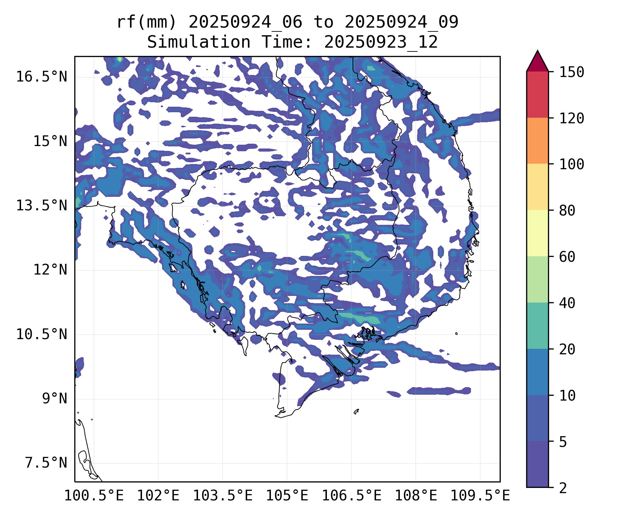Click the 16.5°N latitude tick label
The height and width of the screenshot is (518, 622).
(x=41, y=77)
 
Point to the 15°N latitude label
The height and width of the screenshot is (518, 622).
(x=50, y=141)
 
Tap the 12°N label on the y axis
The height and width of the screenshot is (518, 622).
(x=50, y=270)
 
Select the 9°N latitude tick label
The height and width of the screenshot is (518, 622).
(x=55, y=399)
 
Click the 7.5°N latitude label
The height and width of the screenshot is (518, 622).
(x=46, y=463)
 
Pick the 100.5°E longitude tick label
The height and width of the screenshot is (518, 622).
(x=94, y=496)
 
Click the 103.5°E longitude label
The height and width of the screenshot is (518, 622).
(x=223, y=496)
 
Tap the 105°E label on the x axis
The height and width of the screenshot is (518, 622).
(x=287, y=496)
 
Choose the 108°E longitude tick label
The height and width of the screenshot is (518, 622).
(x=416, y=496)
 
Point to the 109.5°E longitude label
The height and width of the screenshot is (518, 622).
(x=480, y=496)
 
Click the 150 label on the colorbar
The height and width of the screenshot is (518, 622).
(x=572, y=72)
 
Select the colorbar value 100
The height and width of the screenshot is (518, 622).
(x=572, y=164)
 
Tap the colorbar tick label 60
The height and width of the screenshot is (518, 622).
(x=567, y=257)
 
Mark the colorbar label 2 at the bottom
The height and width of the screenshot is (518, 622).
(x=563, y=488)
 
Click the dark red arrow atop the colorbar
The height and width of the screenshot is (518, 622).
(x=537, y=62)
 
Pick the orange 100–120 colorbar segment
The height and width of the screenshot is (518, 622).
(x=537, y=141)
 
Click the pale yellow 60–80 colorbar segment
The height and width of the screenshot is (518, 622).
(x=537, y=233)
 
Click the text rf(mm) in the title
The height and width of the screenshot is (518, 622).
(x=147, y=22)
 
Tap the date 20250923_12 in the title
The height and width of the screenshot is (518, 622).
(x=381, y=42)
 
